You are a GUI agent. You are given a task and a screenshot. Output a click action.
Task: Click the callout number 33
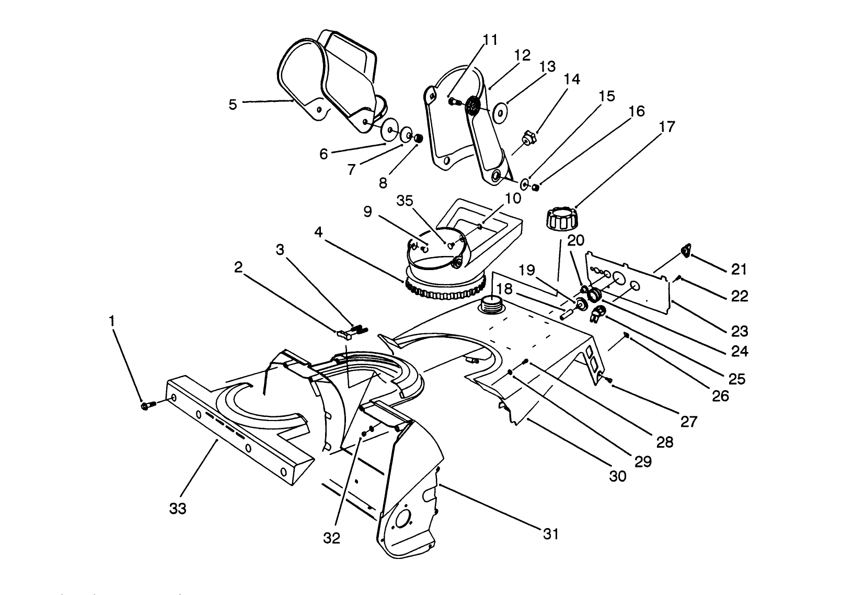(178, 508)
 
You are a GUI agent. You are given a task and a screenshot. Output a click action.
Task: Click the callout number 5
(233, 104)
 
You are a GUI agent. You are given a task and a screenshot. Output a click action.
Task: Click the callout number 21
(738, 270)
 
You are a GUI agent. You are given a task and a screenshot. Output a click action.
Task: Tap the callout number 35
(405, 201)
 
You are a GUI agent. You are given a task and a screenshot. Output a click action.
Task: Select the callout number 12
(522, 55)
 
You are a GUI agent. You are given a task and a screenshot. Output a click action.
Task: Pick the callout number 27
(689, 421)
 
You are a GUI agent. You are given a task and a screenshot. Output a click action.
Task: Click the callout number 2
(238, 267)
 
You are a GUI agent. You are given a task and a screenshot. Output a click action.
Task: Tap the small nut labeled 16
(535, 186)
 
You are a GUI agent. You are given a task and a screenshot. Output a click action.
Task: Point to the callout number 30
(618, 476)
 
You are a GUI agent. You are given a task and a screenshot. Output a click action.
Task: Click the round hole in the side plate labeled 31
(403, 520)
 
